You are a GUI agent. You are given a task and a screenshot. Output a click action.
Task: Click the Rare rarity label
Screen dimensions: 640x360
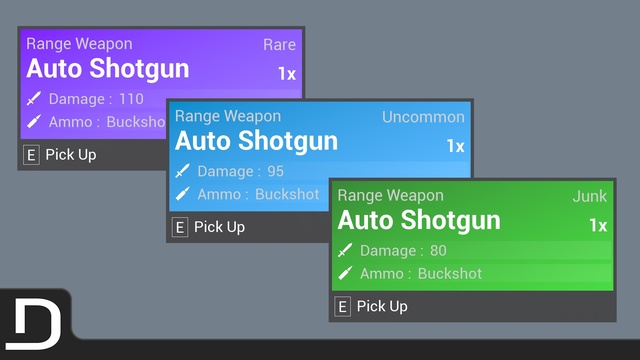279,44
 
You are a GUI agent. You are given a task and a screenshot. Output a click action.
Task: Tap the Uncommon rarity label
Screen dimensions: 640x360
423,117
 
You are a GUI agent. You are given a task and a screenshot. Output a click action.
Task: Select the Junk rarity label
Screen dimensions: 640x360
590,196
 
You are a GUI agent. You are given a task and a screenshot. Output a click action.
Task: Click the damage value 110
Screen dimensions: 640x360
131,99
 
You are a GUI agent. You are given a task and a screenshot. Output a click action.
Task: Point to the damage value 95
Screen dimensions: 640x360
276,171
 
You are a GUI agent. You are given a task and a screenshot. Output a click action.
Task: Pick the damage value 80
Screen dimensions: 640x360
438,250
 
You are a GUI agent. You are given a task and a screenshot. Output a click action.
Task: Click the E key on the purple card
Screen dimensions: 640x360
31,155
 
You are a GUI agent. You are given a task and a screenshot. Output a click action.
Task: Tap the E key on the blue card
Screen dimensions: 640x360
180,227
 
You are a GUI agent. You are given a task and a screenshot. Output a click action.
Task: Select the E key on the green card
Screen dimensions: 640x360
342,307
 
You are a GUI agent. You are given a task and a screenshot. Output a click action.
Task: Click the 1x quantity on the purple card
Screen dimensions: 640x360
287,74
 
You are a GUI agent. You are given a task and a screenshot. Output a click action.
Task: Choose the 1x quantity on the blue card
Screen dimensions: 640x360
456,146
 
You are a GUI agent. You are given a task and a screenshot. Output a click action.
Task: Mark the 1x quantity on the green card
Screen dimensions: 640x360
598,225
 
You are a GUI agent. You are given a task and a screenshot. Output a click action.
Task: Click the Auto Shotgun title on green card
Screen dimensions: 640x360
419,221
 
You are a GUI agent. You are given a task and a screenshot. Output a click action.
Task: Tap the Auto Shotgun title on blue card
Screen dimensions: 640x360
256,142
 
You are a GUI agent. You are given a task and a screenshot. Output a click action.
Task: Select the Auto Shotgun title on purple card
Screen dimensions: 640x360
108,69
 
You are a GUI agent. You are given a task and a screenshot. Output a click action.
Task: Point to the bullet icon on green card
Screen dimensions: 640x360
345,273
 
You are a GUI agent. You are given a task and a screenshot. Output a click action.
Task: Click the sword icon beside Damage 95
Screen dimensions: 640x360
182,171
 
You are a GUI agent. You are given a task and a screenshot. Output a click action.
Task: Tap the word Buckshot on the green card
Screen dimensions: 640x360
450,273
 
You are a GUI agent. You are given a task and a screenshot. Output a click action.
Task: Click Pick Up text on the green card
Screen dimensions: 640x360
382,307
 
